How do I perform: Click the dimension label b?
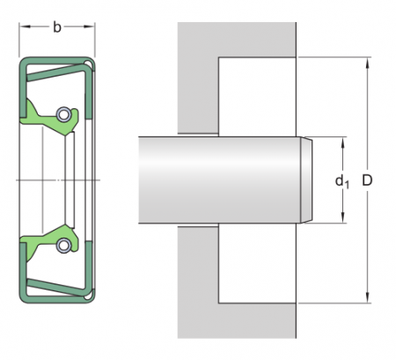coord(57,27)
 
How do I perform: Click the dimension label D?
coord(367,180)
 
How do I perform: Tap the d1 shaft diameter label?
coord(342,181)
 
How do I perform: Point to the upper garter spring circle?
coord(63,114)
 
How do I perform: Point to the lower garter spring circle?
coord(63,245)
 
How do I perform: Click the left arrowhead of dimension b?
coord(25,27)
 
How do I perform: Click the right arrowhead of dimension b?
coord(89,27)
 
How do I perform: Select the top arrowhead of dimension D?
coord(367,62)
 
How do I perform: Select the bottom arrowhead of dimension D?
coord(367,298)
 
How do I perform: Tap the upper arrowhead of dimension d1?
coord(342,143)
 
